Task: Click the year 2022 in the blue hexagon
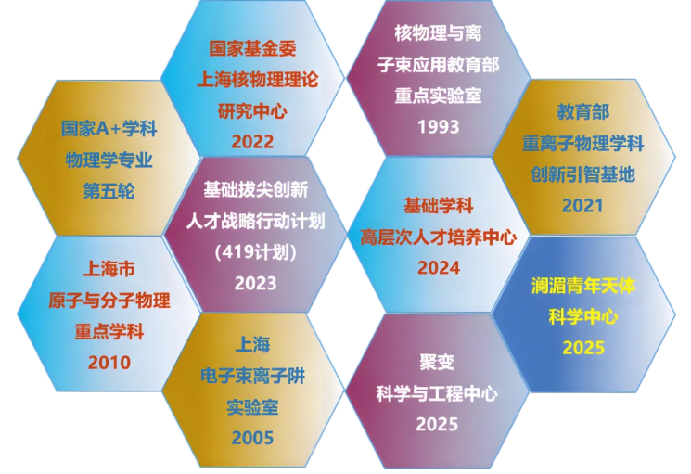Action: (252, 142)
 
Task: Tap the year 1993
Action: (439, 127)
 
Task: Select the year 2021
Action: (582, 206)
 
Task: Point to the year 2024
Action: (439, 268)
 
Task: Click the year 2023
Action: (256, 283)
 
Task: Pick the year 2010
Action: (109, 363)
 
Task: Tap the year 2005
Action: (252, 438)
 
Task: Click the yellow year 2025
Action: (583, 348)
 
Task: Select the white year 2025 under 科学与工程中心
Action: (437, 424)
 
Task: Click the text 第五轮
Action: (109, 191)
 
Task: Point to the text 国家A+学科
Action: (109, 129)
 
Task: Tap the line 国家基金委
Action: (252, 48)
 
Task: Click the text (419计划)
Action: (256, 252)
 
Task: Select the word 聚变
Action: (437, 362)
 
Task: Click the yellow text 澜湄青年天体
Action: (583, 286)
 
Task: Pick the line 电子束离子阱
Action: (252, 377)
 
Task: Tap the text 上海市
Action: (109, 269)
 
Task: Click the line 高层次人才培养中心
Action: (439, 237)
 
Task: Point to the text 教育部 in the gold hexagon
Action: (583, 112)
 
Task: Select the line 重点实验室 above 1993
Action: (439, 96)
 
